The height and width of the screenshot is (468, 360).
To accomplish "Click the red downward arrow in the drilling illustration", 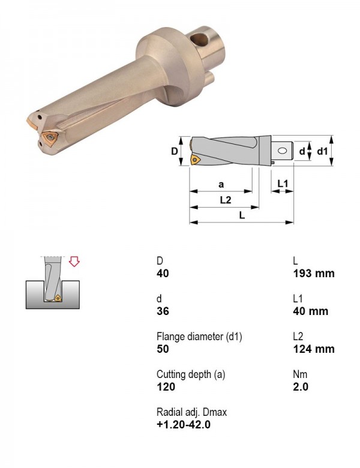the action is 74,262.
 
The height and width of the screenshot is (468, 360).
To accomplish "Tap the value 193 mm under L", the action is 313,273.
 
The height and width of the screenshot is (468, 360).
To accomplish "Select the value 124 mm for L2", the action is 313,349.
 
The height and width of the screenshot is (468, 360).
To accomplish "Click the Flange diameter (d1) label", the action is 199,337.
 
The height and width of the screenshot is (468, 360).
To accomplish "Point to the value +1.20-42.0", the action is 183,424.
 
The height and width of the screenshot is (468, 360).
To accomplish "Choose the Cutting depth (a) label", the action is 191,374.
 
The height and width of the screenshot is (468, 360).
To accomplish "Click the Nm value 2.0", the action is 301,386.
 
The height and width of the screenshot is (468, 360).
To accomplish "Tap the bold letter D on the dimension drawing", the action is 175,151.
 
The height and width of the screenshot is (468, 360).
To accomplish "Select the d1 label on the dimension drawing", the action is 322,151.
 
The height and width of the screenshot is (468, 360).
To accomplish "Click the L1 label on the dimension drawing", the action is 283,184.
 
